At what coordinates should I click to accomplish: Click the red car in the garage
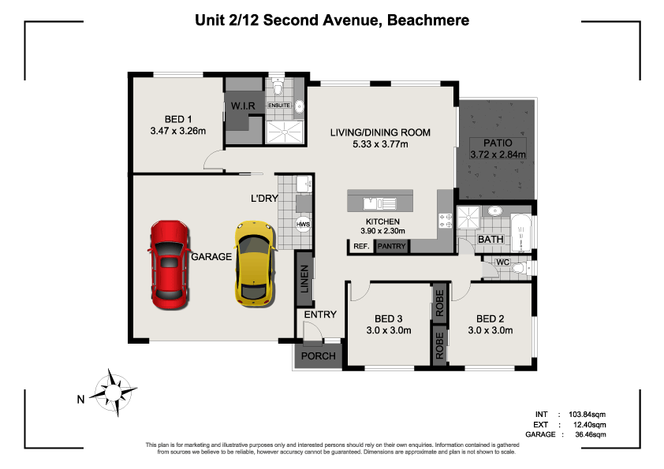click(170, 264)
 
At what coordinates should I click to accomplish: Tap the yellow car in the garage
click(255, 263)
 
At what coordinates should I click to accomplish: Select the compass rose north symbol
click(114, 393)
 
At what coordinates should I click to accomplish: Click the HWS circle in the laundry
click(303, 225)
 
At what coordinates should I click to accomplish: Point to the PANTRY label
click(391, 246)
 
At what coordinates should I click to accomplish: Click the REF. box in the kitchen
click(361, 246)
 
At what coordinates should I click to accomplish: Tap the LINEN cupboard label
click(304, 279)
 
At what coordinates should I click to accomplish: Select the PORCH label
click(319, 356)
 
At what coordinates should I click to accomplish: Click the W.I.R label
click(243, 106)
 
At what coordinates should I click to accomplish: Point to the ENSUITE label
click(279, 105)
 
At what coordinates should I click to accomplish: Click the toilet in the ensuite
click(278, 87)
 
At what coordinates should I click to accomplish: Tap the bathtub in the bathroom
click(521, 233)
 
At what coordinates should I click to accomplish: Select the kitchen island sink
click(380, 203)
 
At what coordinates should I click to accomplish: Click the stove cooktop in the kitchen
click(446, 220)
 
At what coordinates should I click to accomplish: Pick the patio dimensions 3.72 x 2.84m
click(498, 154)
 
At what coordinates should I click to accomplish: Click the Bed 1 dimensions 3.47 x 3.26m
click(178, 131)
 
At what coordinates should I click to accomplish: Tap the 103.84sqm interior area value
click(587, 415)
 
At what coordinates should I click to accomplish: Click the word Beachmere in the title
click(428, 20)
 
